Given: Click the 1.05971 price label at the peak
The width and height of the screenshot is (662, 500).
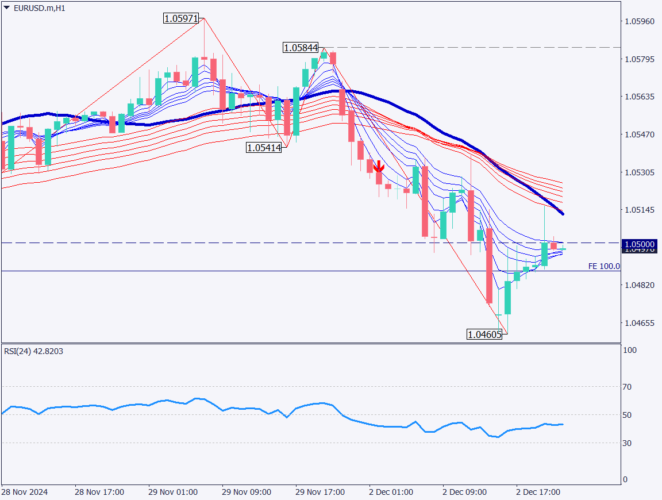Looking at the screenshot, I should tap(181, 18).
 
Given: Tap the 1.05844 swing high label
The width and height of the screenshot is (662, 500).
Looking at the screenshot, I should tap(301, 48).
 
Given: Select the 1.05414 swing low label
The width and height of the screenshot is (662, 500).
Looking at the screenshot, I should tap(264, 148).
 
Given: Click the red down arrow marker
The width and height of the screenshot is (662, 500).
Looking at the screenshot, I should tap(378, 167).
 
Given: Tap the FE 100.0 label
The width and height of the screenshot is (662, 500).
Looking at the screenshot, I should tap(604, 266).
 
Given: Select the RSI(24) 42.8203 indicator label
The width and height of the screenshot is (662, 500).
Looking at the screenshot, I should tap(33, 351).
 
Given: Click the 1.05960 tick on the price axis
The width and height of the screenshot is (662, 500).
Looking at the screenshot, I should tap(639, 22).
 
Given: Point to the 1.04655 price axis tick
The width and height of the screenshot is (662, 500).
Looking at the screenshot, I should tap(639, 323).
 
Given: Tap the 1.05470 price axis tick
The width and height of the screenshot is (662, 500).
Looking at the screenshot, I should tap(639, 134).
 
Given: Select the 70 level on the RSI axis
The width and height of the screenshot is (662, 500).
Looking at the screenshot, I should tap(627, 387).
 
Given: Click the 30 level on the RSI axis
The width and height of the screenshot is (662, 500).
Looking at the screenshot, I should tap(627, 443).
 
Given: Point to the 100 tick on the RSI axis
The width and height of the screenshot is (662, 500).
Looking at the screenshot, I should tap(629, 350).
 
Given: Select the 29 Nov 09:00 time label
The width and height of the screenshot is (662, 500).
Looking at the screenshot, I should tap(247, 493).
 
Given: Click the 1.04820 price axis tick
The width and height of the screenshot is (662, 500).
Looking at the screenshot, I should tap(639, 285).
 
